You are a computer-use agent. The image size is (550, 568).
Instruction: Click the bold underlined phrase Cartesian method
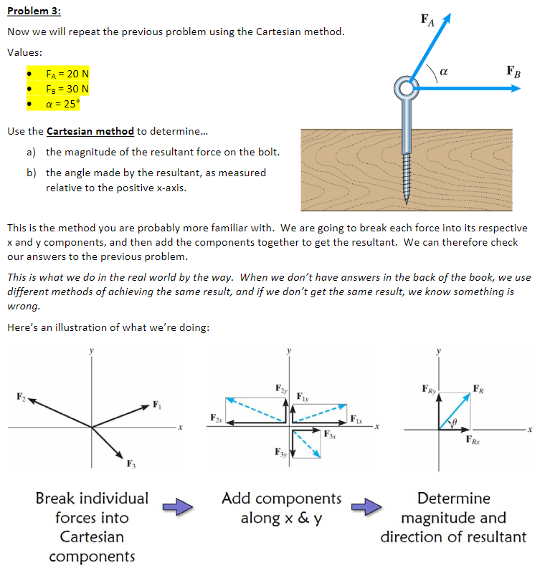click(90, 131)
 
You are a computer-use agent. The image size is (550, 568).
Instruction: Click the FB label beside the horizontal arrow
click(513, 72)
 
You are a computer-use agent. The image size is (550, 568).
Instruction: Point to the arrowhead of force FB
click(516, 88)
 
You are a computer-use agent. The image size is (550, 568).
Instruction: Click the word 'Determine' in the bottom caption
click(453, 499)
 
